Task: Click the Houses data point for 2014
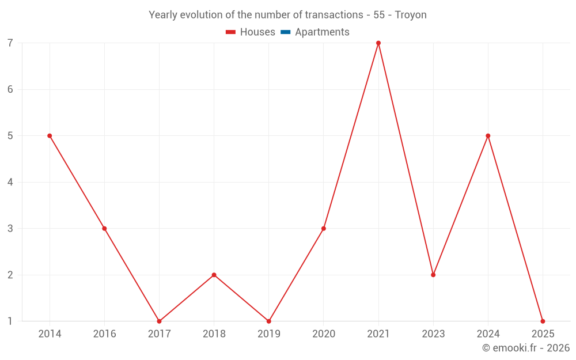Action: [50, 136]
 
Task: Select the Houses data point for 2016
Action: [104, 229]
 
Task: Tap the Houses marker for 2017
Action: [159, 321]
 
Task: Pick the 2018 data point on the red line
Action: [214, 275]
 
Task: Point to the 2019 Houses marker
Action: [269, 321]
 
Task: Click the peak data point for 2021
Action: [378, 43]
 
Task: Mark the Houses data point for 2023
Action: [433, 275]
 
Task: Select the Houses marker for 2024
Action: [488, 136]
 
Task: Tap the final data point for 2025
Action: [543, 321]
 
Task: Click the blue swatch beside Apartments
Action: [286, 32]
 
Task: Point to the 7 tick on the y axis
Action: [10, 43]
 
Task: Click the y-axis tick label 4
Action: [10, 183]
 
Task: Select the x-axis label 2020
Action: [324, 334]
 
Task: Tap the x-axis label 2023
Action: [433, 334]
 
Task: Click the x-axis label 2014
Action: [50, 334]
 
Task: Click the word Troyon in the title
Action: [411, 15]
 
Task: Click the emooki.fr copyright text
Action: [526, 348]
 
